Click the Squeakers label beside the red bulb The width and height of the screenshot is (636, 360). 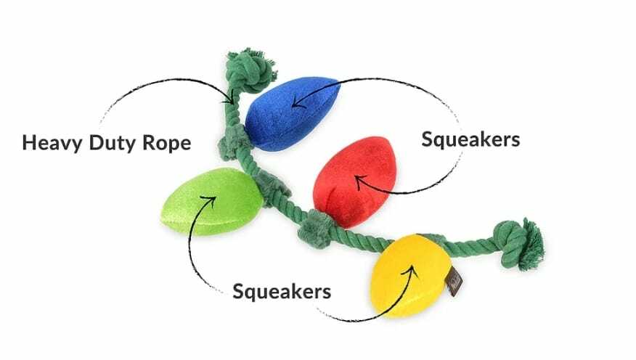[470, 139]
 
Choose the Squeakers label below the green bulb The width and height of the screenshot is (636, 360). [282, 292]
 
